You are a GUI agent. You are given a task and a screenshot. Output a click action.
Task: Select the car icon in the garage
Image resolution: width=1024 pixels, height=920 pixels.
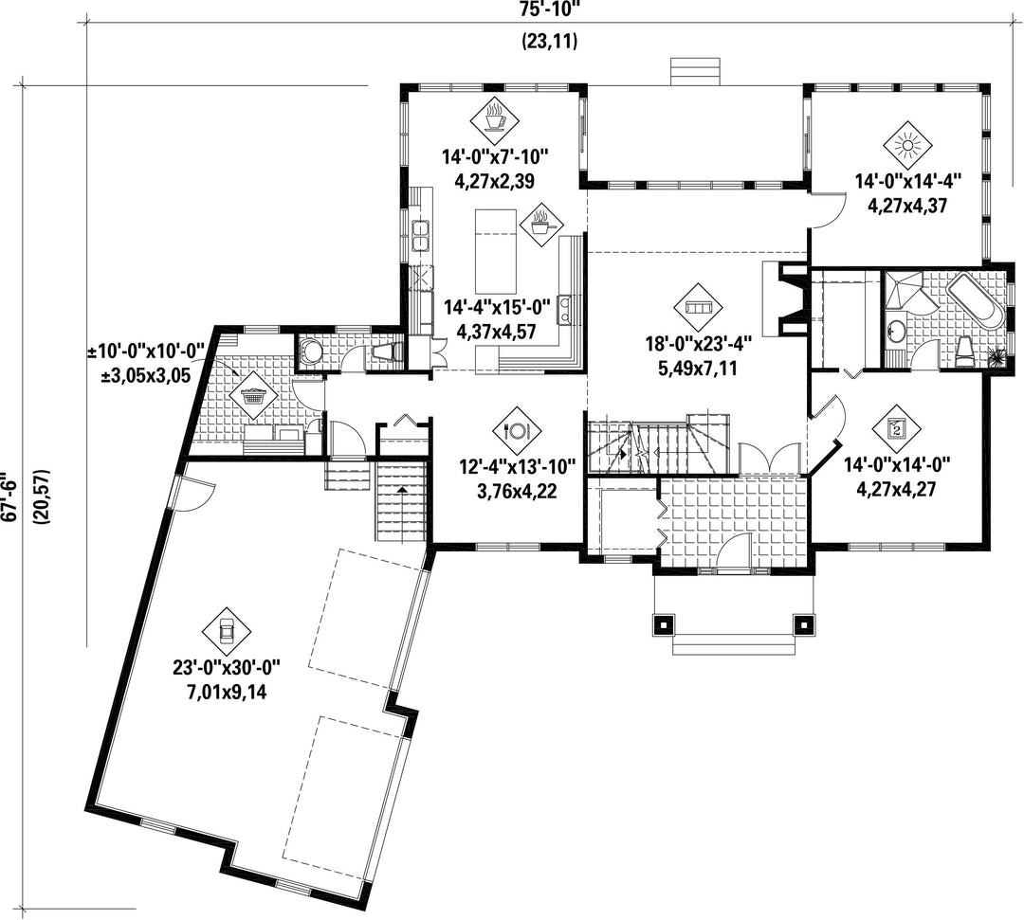(x=227, y=630)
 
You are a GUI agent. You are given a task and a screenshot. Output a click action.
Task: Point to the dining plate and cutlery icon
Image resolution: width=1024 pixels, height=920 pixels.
(x=517, y=431)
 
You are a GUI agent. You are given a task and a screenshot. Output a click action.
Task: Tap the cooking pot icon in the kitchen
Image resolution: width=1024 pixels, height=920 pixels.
(x=541, y=225)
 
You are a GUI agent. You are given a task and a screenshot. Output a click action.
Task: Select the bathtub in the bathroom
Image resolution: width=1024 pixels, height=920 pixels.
(x=974, y=300)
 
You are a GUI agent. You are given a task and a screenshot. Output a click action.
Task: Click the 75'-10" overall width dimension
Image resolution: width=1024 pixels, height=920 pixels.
(x=550, y=9)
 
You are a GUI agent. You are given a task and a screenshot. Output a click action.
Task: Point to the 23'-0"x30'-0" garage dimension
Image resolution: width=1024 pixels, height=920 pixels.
(x=226, y=668)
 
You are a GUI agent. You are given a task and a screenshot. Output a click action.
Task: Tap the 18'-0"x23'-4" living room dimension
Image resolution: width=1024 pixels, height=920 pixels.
(x=699, y=345)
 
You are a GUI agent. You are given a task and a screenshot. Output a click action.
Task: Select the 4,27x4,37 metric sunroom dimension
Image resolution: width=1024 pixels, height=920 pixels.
(x=907, y=206)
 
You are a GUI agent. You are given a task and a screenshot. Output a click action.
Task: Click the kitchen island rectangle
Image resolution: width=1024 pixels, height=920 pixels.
(x=495, y=251)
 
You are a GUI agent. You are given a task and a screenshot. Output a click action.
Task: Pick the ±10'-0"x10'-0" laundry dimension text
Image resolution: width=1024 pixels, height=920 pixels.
(x=147, y=352)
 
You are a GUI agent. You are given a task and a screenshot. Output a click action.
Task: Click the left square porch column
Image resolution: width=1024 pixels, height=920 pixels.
(x=664, y=624)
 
